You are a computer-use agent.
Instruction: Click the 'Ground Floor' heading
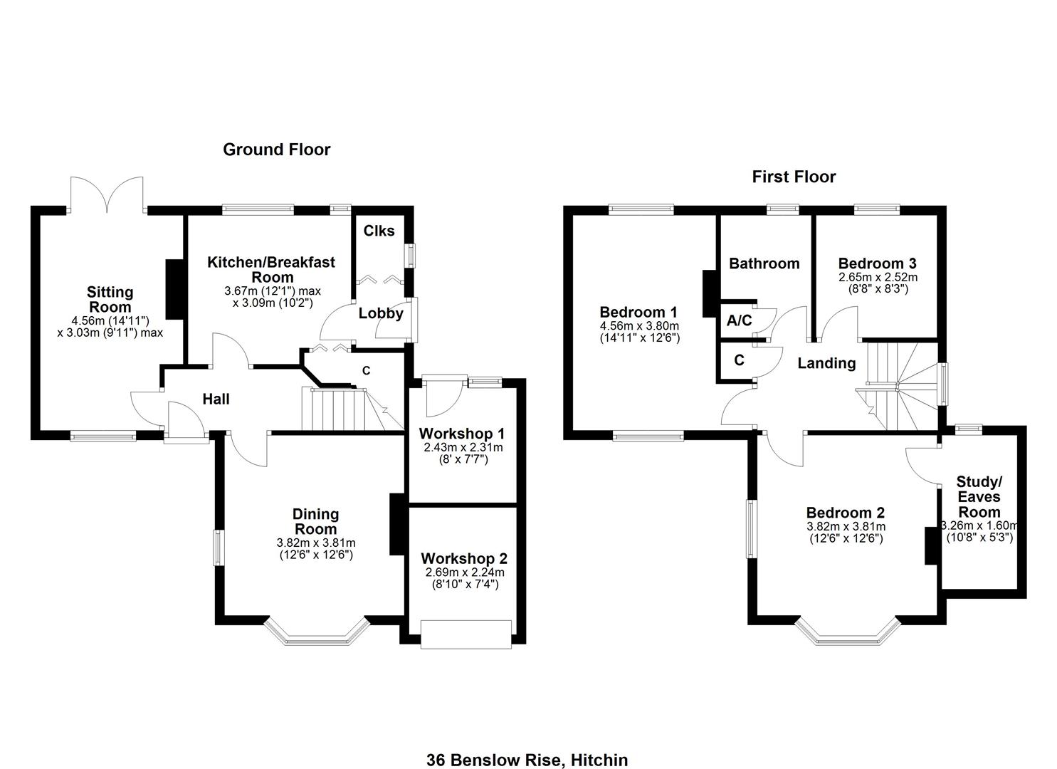pos(276,150)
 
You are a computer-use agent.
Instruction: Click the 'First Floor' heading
pos(794,177)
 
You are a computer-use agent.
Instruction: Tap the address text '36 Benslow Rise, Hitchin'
pos(527,760)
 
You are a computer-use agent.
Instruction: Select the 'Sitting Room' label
pos(110,299)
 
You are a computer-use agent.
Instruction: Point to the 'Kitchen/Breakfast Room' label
pos(271,269)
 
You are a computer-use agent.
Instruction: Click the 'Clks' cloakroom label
pos(379,231)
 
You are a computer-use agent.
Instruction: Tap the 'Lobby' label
pos(381,313)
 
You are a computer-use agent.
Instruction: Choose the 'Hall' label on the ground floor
pos(216,399)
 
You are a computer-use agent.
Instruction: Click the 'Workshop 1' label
pos(462,434)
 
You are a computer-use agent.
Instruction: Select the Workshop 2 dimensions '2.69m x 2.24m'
pos(464,572)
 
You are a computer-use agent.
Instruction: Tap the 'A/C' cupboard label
pos(739,320)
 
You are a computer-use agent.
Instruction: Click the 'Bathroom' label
pos(764,263)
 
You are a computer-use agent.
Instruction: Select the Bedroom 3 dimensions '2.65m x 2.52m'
pos(877,277)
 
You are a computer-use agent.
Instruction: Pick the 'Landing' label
pos(826,363)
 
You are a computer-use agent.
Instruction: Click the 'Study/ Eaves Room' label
pos(979,497)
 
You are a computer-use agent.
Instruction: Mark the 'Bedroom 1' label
pos(638,312)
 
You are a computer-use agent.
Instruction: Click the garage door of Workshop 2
pos(466,634)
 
